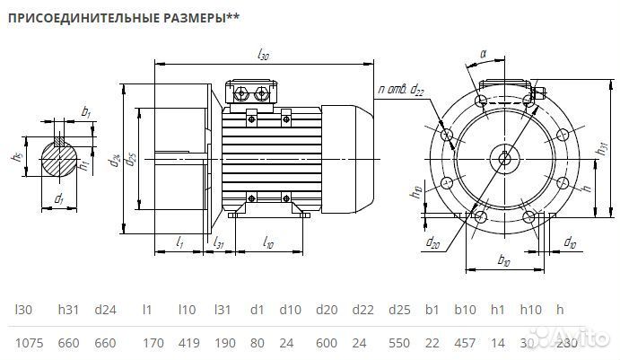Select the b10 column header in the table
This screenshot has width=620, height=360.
pyautogui.click(x=463, y=310)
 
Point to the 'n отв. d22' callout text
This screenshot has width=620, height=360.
pyautogui.click(x=402, y=90)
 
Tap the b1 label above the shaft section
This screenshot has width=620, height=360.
pyautogui.click(x=85, y=112)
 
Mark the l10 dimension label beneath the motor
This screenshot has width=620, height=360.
pyautogui.click(x=268, y=242)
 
